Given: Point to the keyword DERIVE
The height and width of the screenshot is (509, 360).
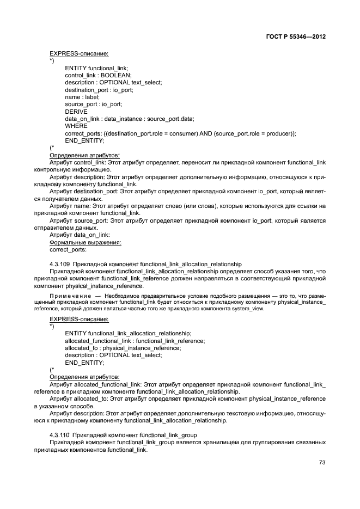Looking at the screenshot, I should (x=76, y=111).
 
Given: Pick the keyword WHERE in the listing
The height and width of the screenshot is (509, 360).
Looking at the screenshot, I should (x=76, y=126).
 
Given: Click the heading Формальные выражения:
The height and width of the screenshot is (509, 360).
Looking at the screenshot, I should (x=85, y=242).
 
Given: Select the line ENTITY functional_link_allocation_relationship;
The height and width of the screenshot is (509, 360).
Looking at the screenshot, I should (x=128, y=333).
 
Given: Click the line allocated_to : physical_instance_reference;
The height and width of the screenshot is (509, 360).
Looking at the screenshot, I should (x=123, y=348).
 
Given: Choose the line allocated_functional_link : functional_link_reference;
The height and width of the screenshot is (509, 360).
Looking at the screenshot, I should (x=135, y=341).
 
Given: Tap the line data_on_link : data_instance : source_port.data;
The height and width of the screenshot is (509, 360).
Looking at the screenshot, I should (x=130, y=119).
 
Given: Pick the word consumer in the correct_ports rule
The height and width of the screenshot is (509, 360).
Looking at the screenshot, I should (x=190, y=133).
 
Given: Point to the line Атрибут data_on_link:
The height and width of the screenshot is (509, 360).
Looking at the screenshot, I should (x=80, y=235).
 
